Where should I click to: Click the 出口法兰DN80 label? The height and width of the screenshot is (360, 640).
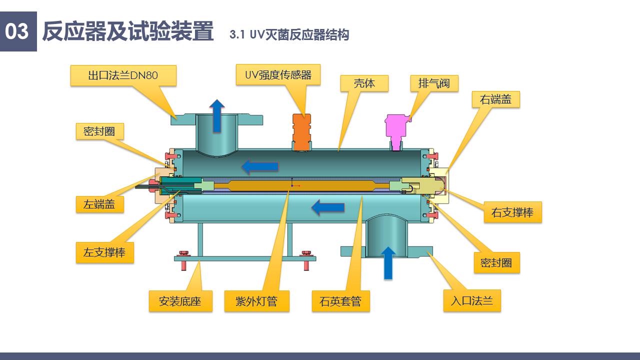pyautogui.click(x=123, y=75)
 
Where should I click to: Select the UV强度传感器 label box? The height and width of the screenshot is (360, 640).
pyautogui.click(x=278, y=75)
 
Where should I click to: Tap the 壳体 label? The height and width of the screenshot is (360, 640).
pyautogui.click(x=364, y=83)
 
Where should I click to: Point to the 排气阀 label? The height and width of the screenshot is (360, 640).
pyautogui.click(x=433, y=83)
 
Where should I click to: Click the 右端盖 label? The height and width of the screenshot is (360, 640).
pyautogui.click(x=495, y=99)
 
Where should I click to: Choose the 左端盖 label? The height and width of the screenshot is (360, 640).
pyautogui.click(x=99, y=204)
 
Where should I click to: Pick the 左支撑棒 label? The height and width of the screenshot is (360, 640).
pyautogui.click(x=104, y=252)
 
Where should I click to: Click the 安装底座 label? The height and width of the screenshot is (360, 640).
pyautogui.click(x=180, y=301)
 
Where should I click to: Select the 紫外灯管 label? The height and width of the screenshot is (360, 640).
pyautogui.click(x=256, y=301)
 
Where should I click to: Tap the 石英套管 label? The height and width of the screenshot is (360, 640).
pyautogui.click(x=340, y=301)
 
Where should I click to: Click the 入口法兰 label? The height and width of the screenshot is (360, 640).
pyautogui.click(x=471, y=301)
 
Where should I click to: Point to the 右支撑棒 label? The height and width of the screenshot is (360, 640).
pyautogui.click(x=512, y=212)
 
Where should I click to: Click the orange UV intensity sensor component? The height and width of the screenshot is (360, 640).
pyautogui.click(x=301, y=131)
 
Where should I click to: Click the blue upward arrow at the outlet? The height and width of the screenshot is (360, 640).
pyautogui.click(x=217, y=115)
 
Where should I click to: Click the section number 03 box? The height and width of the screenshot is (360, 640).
pyautogui.click(x=18, y=31)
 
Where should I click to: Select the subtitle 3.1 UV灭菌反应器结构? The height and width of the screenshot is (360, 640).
pyautogui.click(x=289, y=34)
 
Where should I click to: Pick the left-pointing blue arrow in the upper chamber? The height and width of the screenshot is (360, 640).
pyautogui.click(x=259, y=166)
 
